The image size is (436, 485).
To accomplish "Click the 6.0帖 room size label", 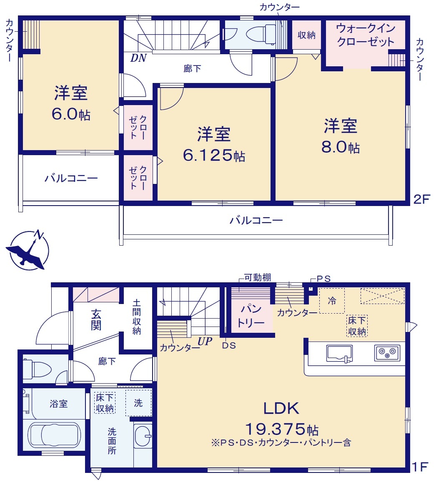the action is pyautogui.click(x=71, y=114).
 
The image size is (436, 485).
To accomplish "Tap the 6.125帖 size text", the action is pyautogui.click(x=214, y=155).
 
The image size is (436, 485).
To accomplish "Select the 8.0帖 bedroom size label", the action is pyautogui.click(x=341, y=147).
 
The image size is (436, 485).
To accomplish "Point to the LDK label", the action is pyautogui.click(x=281, y=408).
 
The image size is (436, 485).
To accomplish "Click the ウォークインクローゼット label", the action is pyautogui.click(x=366, y=35).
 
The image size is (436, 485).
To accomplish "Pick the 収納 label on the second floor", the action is pyautogui.click(x=306, y=35).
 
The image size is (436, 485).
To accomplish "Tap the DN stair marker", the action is pyautogui.click(x=138, y=58).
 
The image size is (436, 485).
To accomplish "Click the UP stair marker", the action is pyautogui.click(x=205, y=341).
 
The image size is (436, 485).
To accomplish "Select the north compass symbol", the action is pyautogui.click(x=27, y=250).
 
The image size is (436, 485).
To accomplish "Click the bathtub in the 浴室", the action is pyautogui.click(x=55, y=435).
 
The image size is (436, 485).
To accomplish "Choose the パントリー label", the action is pyautogui.click(x=251, y=316).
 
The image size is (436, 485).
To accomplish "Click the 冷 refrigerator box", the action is pyautogui.click(x=332, y=301).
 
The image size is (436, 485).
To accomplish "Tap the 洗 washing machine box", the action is pyautogui.click(x=138, y=403).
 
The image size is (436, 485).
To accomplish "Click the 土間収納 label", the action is pyautogui.click(x=136, y=317).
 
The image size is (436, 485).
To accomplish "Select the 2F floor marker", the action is pyautogui.click(x=421, y=199).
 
